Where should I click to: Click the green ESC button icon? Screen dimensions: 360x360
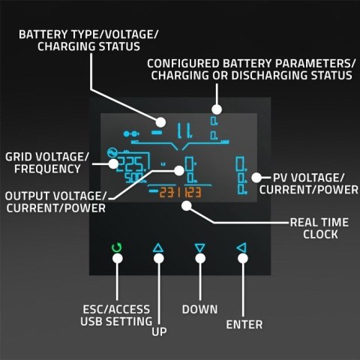pos(116,247)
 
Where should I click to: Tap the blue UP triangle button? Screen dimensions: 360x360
pos(157,247)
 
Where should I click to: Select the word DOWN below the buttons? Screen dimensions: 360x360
pos(199,309)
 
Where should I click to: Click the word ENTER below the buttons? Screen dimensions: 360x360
pos(244,325)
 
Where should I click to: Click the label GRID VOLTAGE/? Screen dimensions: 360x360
pos(47,157)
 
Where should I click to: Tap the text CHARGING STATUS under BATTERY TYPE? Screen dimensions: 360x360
pos(88,46)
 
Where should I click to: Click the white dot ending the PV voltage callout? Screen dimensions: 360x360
pos(256,177)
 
